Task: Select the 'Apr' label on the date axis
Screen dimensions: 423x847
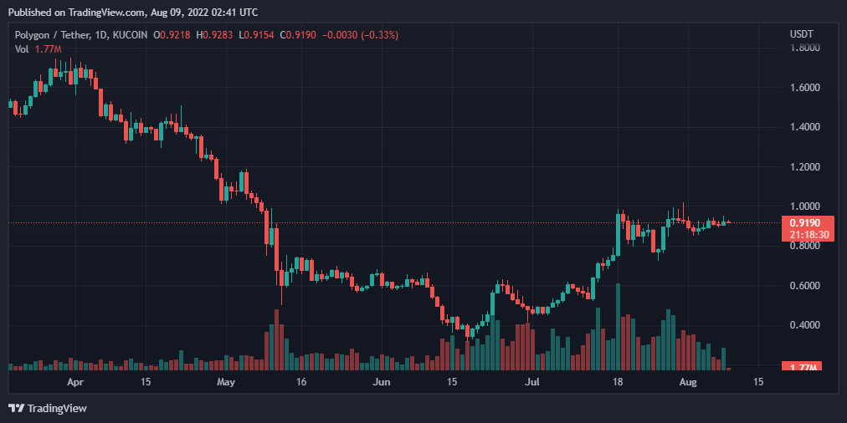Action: click(x=75, y=382)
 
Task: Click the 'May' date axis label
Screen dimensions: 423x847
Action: click(x=226, y=382)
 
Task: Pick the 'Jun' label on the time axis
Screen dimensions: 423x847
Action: click(x=381, y=382)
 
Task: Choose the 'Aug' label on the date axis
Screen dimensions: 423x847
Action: click(x=687, y=382)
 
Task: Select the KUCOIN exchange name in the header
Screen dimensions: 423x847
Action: click(x=131, y=34)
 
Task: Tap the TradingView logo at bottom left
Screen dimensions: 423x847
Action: click(x=48, y=408)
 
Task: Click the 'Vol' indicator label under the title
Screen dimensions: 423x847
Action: click(x=22, y=48)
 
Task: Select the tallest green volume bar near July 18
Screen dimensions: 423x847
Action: click(x=618, y=327)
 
